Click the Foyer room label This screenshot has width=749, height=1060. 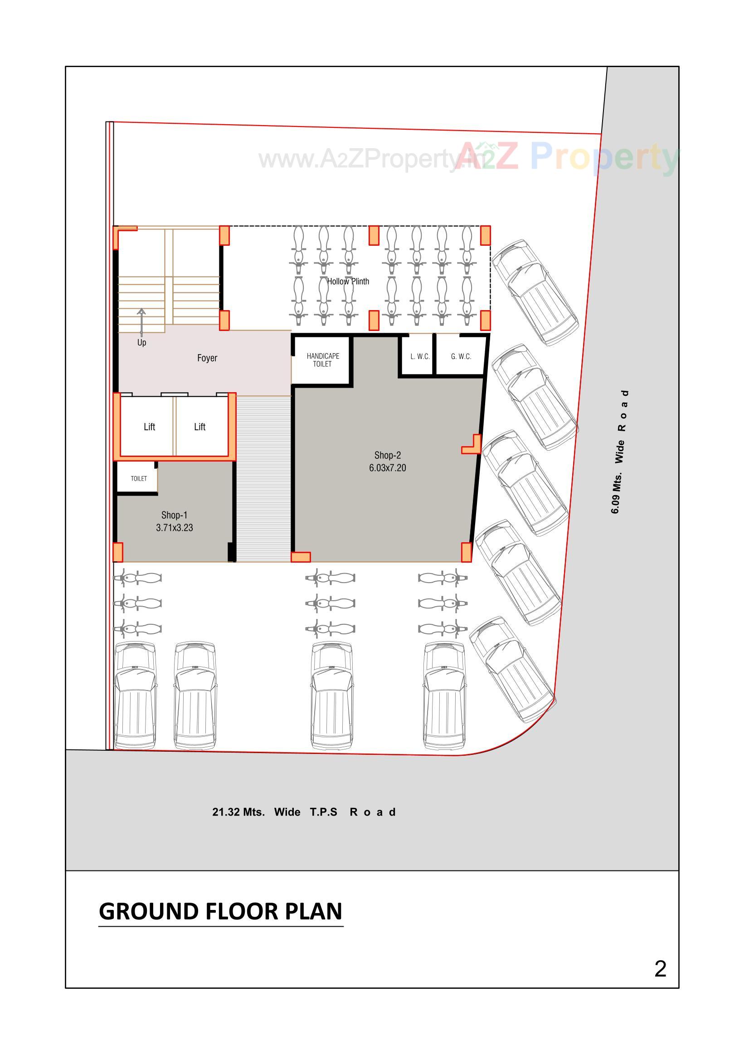coord(207,358)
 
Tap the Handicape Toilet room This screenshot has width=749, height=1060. coord(322,360)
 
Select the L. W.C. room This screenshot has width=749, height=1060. coord(419,356)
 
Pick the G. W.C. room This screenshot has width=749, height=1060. coord(460,356)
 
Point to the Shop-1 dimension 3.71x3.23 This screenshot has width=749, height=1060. coord(174,528)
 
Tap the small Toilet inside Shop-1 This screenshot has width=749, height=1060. coord(138,478)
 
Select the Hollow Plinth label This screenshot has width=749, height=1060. coord(348,281)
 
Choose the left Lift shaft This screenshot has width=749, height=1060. coord(149,427)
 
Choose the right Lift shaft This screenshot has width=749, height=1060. coord(199,427)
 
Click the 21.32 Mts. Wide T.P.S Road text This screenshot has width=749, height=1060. coord(303,812)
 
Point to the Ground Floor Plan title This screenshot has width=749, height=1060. coord(220,911)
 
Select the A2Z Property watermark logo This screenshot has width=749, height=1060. coord(568,157)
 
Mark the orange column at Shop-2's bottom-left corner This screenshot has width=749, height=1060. coord(301,557)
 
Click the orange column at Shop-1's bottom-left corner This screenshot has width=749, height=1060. coord(118,552)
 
